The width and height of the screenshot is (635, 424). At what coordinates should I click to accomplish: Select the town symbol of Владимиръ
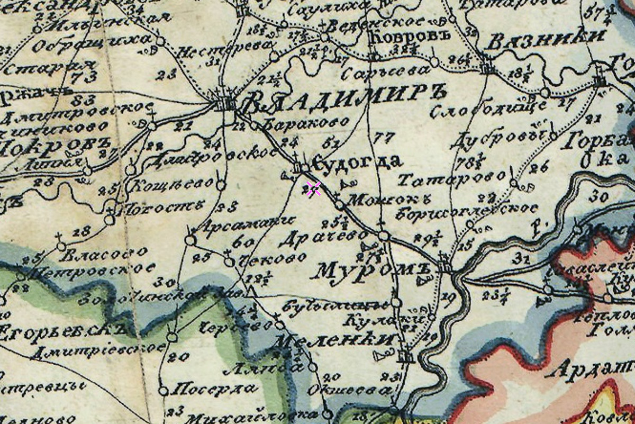pyautogui.click(x=224, y=103)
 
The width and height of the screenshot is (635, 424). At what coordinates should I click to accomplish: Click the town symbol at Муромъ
pyautogui.click(x=445, y=267)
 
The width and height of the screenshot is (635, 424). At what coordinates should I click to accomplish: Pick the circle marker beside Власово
pyautogui.click(x=61, y=247)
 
